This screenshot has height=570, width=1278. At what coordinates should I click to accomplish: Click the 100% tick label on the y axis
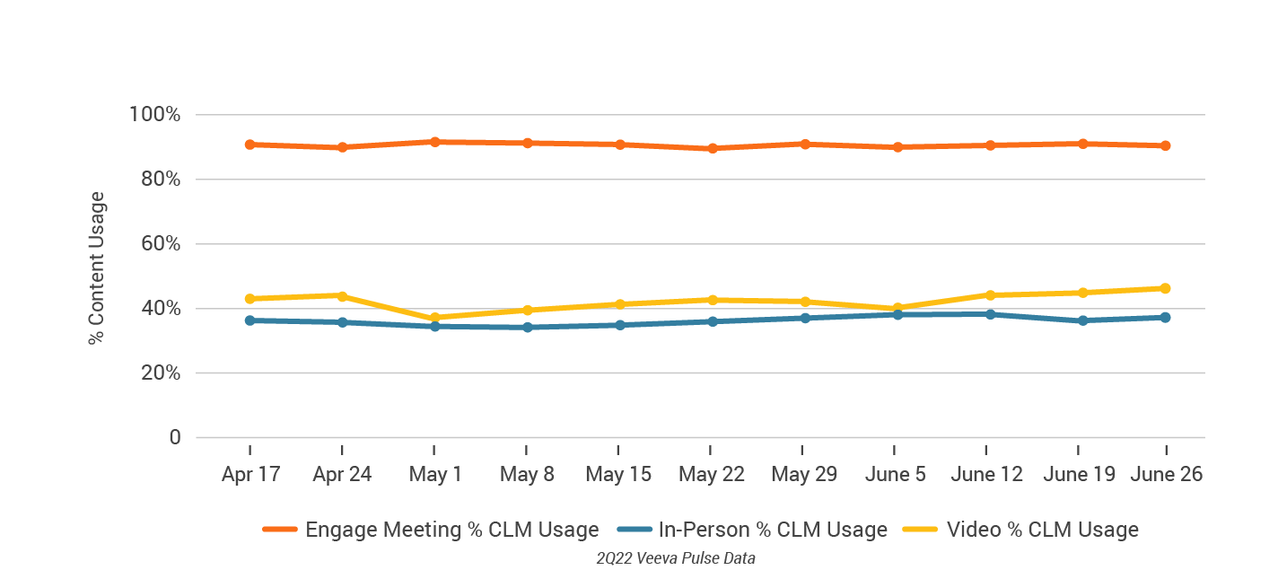click(x=155, y=115)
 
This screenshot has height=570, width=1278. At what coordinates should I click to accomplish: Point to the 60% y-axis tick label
click(x=160, y=244)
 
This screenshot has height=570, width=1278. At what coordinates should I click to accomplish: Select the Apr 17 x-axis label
click(x=250, y=474)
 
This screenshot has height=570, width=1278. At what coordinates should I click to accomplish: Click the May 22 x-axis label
click(x=712, y=474)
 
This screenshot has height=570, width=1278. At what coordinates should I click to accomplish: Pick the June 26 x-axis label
click(x=1166, y=474)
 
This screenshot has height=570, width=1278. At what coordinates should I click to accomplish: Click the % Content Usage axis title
click(x=97, y=268)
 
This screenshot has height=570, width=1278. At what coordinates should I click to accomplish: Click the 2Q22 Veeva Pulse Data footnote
click(x=676, y=558)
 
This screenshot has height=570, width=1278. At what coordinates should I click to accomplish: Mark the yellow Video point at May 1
click(x=434, y=318)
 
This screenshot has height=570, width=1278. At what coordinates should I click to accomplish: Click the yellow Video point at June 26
click(x=1165, y=288)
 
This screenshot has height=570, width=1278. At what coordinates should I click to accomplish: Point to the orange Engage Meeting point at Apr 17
click(x=249, y=145)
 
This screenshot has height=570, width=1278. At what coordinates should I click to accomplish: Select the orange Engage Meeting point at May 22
click(x=713, y=148)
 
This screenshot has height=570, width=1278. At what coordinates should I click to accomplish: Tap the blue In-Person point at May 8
click(x=527, y=327)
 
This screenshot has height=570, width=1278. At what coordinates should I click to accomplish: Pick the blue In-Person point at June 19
click(x=1082, y=320)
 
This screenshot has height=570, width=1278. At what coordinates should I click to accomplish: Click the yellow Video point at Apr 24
click(x=342, y=295)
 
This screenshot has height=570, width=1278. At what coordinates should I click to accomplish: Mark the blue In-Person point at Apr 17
click(x=249, y=320)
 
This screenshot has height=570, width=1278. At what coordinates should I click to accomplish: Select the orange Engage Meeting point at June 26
click(x=1165, y=145)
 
